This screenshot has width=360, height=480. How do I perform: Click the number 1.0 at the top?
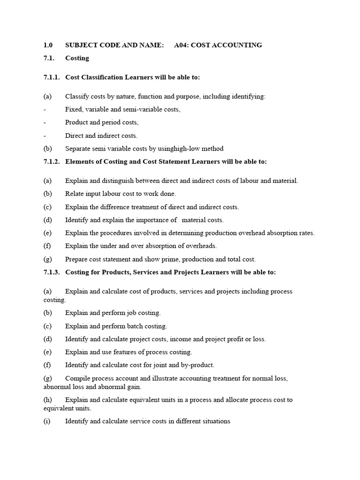48,45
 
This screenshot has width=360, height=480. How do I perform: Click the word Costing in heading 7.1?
77,58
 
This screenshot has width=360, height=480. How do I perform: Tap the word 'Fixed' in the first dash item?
73,109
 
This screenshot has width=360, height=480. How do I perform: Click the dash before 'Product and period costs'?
45,122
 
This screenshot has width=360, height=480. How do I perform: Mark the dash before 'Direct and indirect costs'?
45,135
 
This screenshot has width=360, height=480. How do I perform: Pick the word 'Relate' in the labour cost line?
75,194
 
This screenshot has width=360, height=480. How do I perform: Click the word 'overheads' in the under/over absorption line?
202,246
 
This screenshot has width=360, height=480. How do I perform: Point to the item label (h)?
47,400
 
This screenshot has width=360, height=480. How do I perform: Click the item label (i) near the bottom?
47,421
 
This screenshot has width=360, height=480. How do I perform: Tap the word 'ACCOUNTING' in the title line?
237,45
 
